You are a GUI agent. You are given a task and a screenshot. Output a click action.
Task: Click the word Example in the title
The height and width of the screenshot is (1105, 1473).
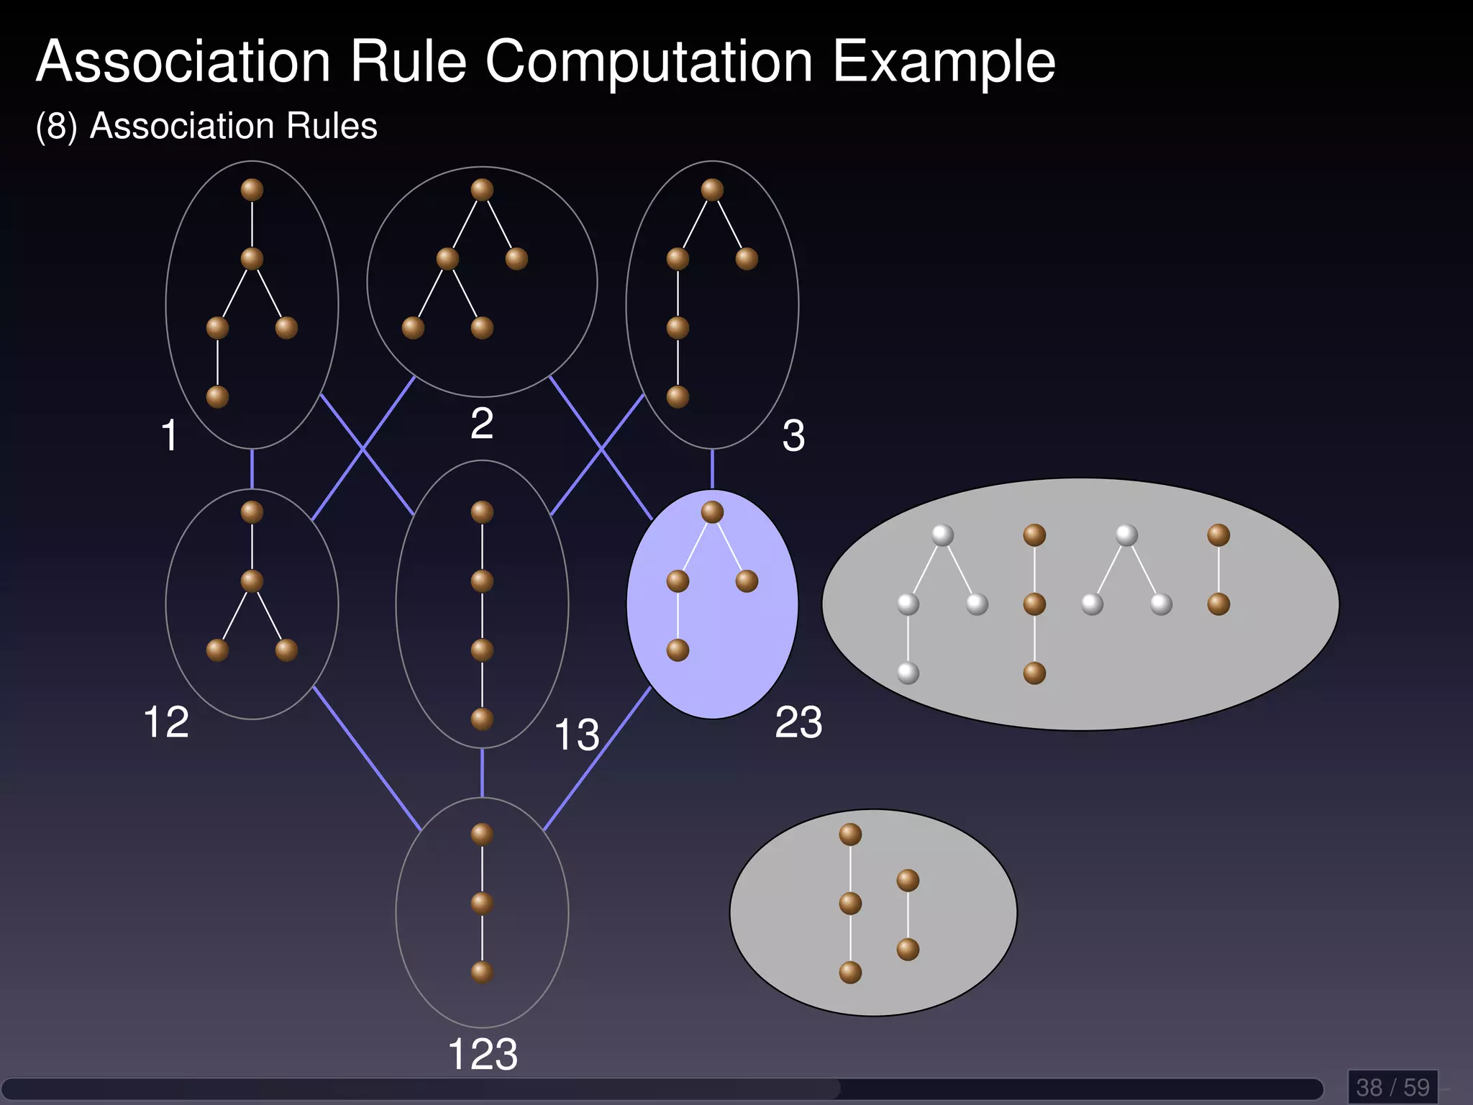[943, 63]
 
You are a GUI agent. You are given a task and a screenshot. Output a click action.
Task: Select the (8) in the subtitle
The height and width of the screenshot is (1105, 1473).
[56, 127]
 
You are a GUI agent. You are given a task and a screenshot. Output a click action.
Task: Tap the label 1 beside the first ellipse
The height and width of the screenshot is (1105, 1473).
[169, 435]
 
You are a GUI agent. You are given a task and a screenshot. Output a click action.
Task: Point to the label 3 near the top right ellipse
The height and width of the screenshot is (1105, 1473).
[793, 435]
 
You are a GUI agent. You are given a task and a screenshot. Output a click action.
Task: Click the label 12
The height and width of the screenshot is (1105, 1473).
[166, 722]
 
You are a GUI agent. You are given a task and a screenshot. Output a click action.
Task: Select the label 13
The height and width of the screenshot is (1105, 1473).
[576, 735]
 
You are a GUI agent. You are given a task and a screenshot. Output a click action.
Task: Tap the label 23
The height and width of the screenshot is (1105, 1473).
[798, 722]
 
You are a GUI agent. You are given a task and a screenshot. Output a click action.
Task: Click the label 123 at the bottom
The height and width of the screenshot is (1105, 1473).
[482, 1055]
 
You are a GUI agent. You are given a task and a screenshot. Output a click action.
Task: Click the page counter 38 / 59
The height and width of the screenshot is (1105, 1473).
[1392, 1087]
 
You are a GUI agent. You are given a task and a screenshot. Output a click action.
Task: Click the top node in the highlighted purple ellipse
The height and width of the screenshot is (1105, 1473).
[712, 512]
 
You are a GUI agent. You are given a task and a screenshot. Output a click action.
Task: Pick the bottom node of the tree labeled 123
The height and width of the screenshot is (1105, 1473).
[482, 973]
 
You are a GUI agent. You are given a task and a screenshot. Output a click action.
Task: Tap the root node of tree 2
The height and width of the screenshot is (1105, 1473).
[482, 190]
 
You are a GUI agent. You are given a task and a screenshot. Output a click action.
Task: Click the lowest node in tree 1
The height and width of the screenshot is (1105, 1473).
[217, 397]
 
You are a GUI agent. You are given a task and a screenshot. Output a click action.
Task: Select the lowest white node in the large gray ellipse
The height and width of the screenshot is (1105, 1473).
[908, 673]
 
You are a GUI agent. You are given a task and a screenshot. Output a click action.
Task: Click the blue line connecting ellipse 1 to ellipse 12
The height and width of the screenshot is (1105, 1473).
[252, 468]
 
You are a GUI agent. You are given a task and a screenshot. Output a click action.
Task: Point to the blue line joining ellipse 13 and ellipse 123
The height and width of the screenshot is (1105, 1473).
[482, 773]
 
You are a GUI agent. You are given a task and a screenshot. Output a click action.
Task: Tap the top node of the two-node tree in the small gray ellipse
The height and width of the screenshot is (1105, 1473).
[908, 881]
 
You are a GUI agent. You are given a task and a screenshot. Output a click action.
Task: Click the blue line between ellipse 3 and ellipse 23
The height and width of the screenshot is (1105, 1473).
[712, 468]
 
